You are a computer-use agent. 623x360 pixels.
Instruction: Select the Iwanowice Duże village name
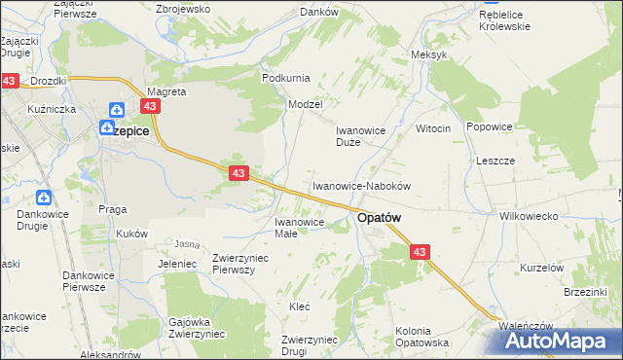[362, 135]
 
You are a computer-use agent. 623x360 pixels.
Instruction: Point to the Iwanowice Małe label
[285, 227]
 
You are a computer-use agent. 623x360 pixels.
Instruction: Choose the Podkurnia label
[285, 77]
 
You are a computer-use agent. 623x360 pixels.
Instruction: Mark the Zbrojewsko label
[183, 8]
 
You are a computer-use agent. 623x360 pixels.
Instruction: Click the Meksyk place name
[429, 54]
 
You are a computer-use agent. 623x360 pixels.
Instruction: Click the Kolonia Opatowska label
[421, 337]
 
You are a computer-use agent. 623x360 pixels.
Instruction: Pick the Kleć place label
[300, 306]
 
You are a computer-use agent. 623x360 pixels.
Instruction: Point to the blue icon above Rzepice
[117, 111]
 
